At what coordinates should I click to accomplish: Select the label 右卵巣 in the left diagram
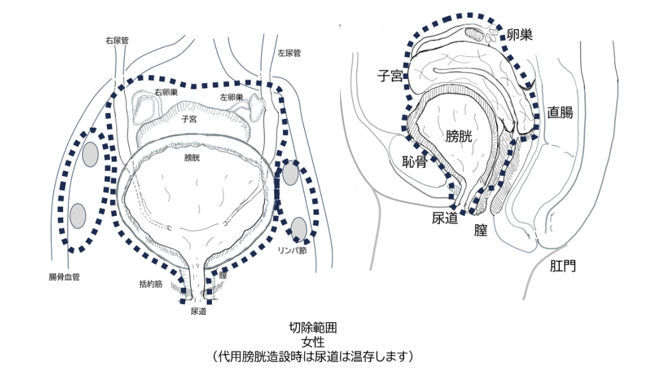tap(165, 92)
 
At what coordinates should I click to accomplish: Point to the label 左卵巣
tap(231, 97)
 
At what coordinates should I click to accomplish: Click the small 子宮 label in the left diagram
tap(189, 120)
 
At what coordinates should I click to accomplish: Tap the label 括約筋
tap(151, 284)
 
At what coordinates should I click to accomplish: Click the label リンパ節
tap(292, 250)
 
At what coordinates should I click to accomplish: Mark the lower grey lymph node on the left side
tap(78, 215)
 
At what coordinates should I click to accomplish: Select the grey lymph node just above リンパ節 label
tap(300, 228)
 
